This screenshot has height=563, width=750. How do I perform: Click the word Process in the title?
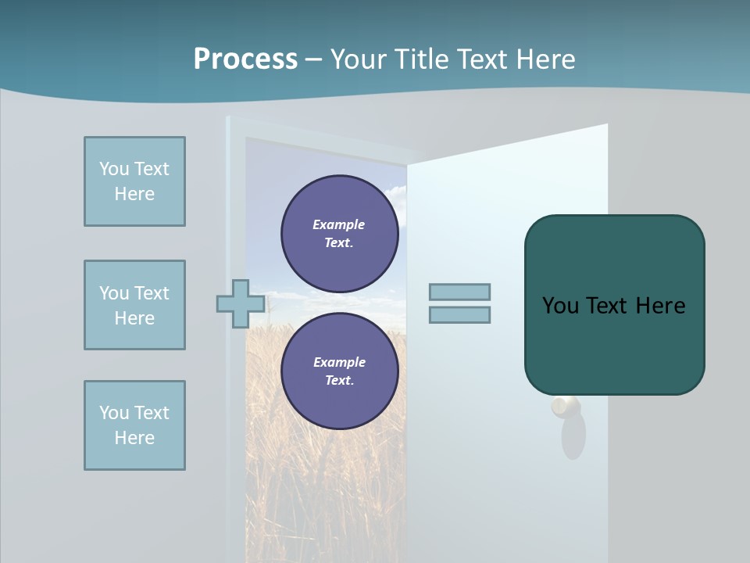[245, 59]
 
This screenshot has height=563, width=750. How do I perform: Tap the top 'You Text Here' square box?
[134, 181]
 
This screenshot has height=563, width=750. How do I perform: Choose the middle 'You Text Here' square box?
[134, 305]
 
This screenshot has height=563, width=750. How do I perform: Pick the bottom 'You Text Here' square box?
[134, 425]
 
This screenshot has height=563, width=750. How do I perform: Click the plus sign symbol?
[240, 303]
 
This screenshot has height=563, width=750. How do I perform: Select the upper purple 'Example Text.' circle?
[339, 233]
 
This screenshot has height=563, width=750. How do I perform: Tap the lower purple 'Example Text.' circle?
[339, 371]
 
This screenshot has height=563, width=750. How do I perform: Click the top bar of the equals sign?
[459, 292]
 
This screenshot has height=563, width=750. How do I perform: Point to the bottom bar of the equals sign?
[459, 314]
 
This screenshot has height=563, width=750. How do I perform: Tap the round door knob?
[566, 407]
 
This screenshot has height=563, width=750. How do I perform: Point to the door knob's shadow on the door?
[574, 438]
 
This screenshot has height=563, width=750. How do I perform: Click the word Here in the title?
[545, 59]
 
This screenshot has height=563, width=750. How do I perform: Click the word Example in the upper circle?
[338, 224]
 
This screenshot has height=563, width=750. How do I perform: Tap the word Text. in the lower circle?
[339, 380]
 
